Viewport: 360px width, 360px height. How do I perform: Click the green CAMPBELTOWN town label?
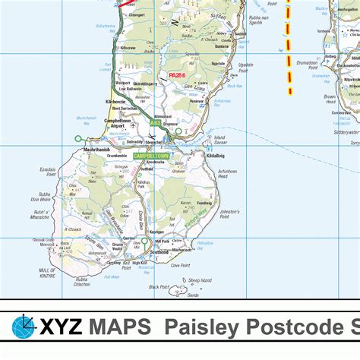(x=152, y=156)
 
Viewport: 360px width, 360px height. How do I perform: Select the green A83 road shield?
(x=155, y=122)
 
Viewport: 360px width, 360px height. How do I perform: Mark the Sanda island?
(x=179, y=291)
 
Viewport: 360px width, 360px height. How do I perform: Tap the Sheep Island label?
(x=198, y=280)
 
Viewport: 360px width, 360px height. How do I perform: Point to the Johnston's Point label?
(x=229, y=213)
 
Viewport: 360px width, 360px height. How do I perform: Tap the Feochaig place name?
(x=204, y=204)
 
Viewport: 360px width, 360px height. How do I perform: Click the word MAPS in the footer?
(x=118, y=328)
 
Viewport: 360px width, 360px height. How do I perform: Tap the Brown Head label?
(x=330, y=99)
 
